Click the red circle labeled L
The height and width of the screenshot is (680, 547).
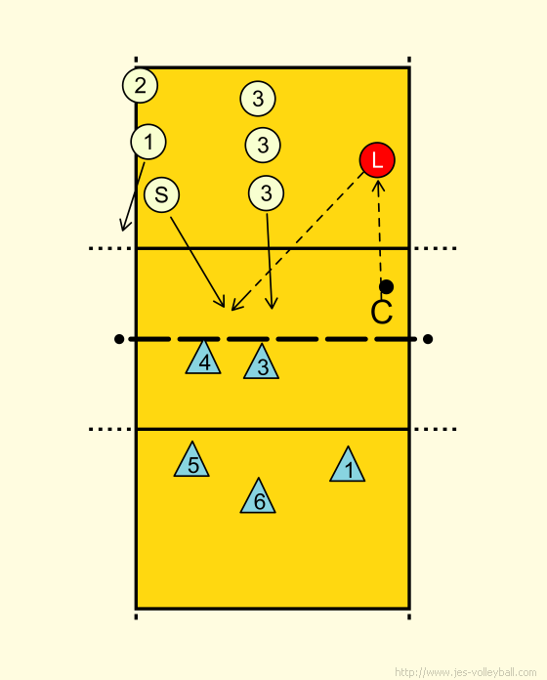(x=377, y=160)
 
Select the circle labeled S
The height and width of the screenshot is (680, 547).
(x=162, y=194)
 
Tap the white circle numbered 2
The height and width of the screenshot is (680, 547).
(x=140, y=85)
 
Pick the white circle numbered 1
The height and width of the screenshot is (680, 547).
(x=148, y=142)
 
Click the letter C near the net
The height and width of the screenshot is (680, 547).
(x=382, y=312)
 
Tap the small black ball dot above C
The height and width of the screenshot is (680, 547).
(x=386, y=286)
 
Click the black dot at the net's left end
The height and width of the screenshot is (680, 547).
(x=119, y=339)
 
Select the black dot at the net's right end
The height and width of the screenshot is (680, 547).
(x=428, y=339)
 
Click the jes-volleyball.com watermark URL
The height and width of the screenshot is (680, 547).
(x=465, y=672)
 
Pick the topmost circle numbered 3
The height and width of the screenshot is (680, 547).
(x=258, y=99)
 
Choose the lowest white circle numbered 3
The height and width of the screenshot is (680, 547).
(x=266, y=193)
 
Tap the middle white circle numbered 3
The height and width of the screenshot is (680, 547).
(x=263, y=145)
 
